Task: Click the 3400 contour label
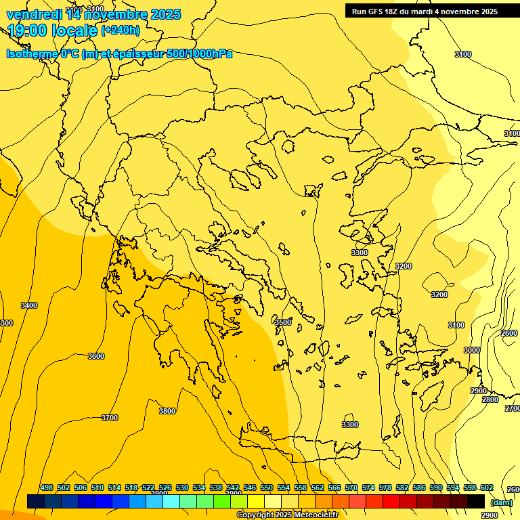coord(29,305)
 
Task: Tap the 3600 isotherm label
coord(96,356)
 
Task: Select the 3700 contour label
coord(109,418)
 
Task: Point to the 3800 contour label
coord(167,411)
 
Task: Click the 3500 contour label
coord(283,322)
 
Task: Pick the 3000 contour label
coord(472,350)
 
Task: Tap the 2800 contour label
coord(490,400)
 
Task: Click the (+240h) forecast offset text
coord(121,30)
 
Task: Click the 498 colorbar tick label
coord(47,487)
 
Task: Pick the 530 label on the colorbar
coord(182,487)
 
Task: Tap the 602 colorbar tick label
coord(487,487)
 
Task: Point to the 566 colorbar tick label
coord(334,487)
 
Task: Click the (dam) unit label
coord(502,502)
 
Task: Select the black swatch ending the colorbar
coord(476,501)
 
